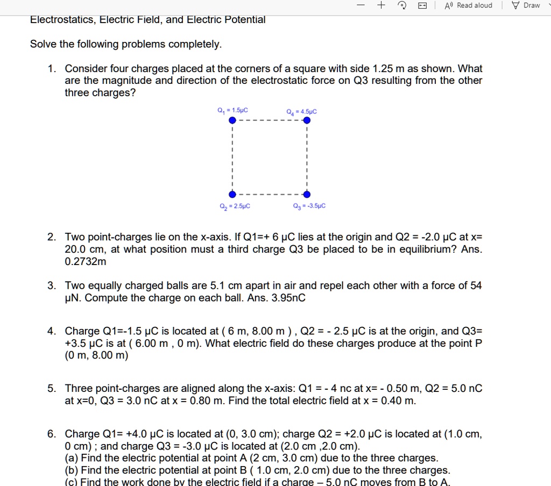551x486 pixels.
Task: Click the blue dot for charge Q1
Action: tap(232, 120)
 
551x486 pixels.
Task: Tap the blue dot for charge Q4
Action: tap(307, 120)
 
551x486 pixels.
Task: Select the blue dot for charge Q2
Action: tap(232, 194)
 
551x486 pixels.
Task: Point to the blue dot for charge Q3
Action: tap(307, 194)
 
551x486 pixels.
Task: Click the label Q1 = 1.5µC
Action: tap(232, 111)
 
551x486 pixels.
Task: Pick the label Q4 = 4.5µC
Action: tap(302, 112)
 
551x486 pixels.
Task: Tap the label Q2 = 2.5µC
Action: tap(234, 206)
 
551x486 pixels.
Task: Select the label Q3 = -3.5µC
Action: tap(309, 206)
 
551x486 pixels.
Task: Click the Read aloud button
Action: tap(468, 5)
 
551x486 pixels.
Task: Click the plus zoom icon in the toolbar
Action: tap(381, 5)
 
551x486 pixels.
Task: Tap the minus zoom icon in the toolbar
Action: tap(361, 5)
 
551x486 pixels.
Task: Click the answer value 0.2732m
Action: tap(86, 262)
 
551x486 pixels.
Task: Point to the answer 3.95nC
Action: tap(288, 298)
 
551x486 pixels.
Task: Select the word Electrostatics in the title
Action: tap(62, 20)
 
